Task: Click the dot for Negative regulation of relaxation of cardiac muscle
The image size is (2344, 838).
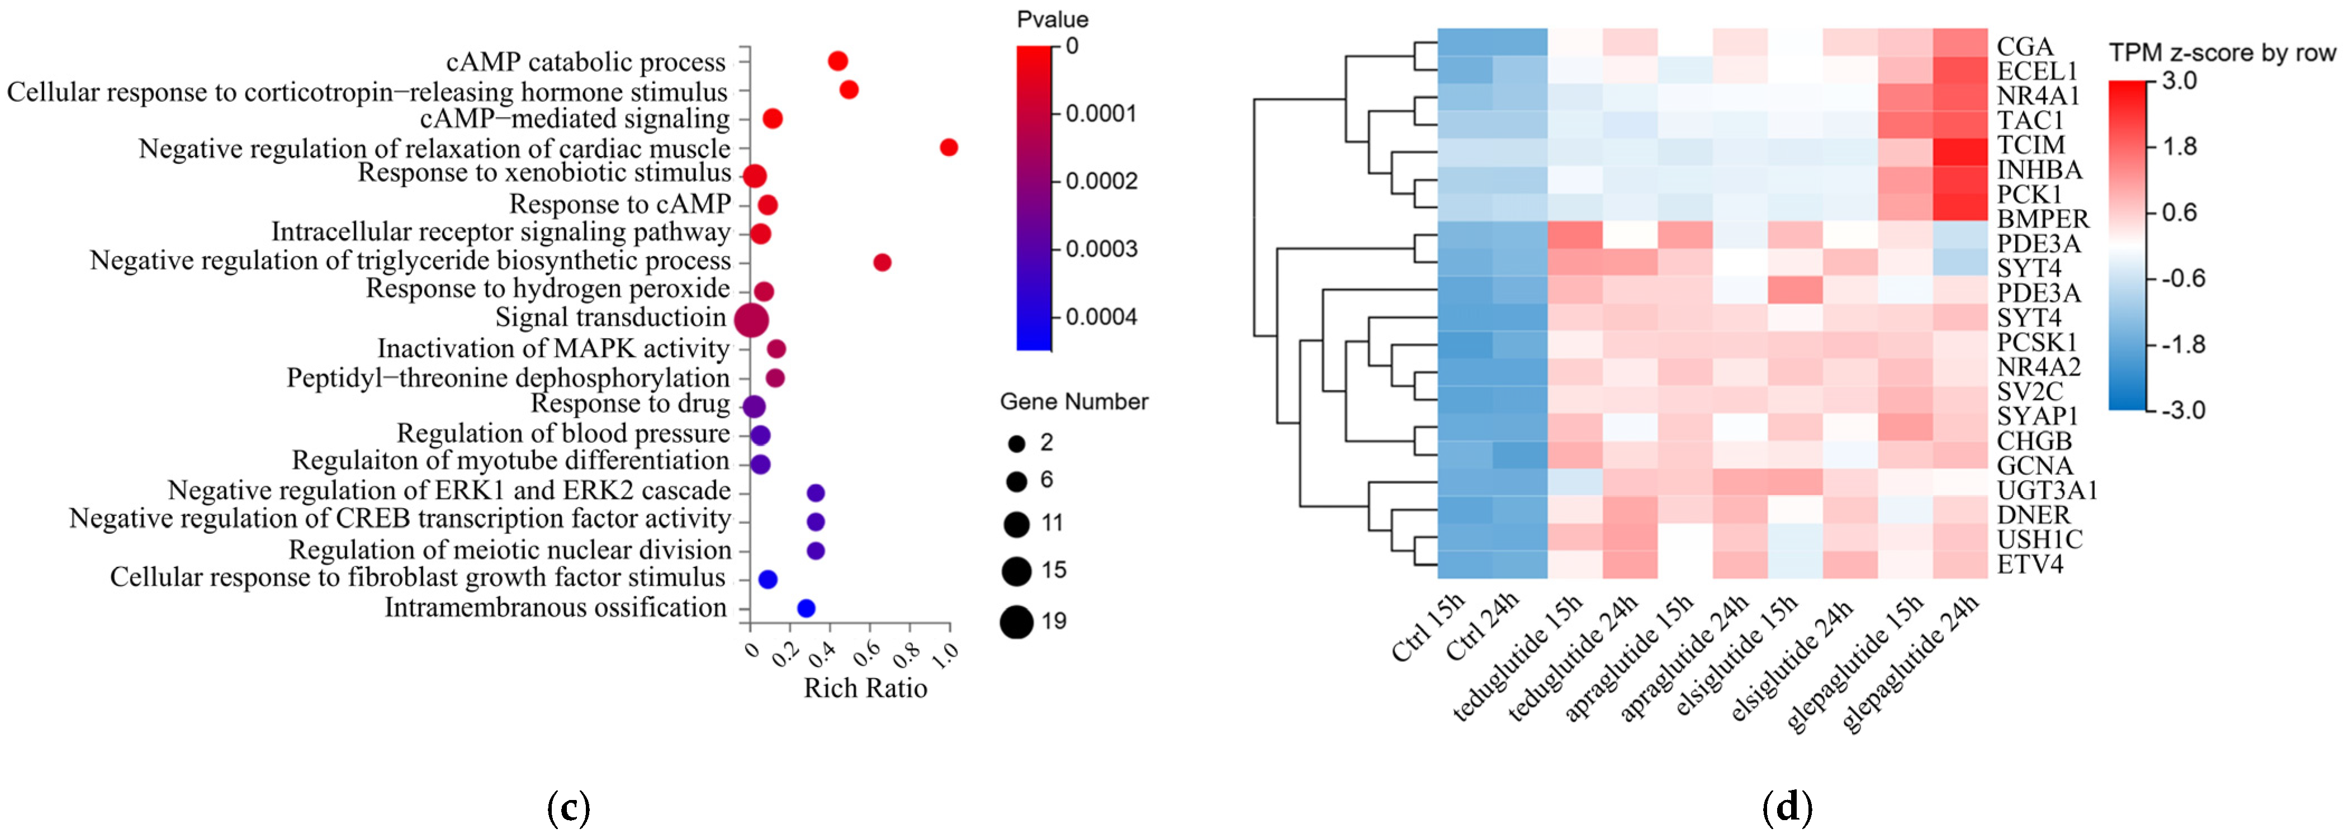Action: click(948, 148)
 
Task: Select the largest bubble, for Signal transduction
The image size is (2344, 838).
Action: click(751, 320)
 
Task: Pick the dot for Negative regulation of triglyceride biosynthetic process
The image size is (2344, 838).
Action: click(882, 262)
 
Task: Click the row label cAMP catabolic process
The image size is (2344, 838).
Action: click(585, 62)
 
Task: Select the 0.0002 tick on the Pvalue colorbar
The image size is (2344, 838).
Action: click(1101, 181)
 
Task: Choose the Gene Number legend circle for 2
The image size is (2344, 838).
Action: click(1016, 444)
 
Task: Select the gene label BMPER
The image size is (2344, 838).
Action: click(2042, 219)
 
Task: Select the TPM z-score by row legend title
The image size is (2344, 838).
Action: click(2222, 53)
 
